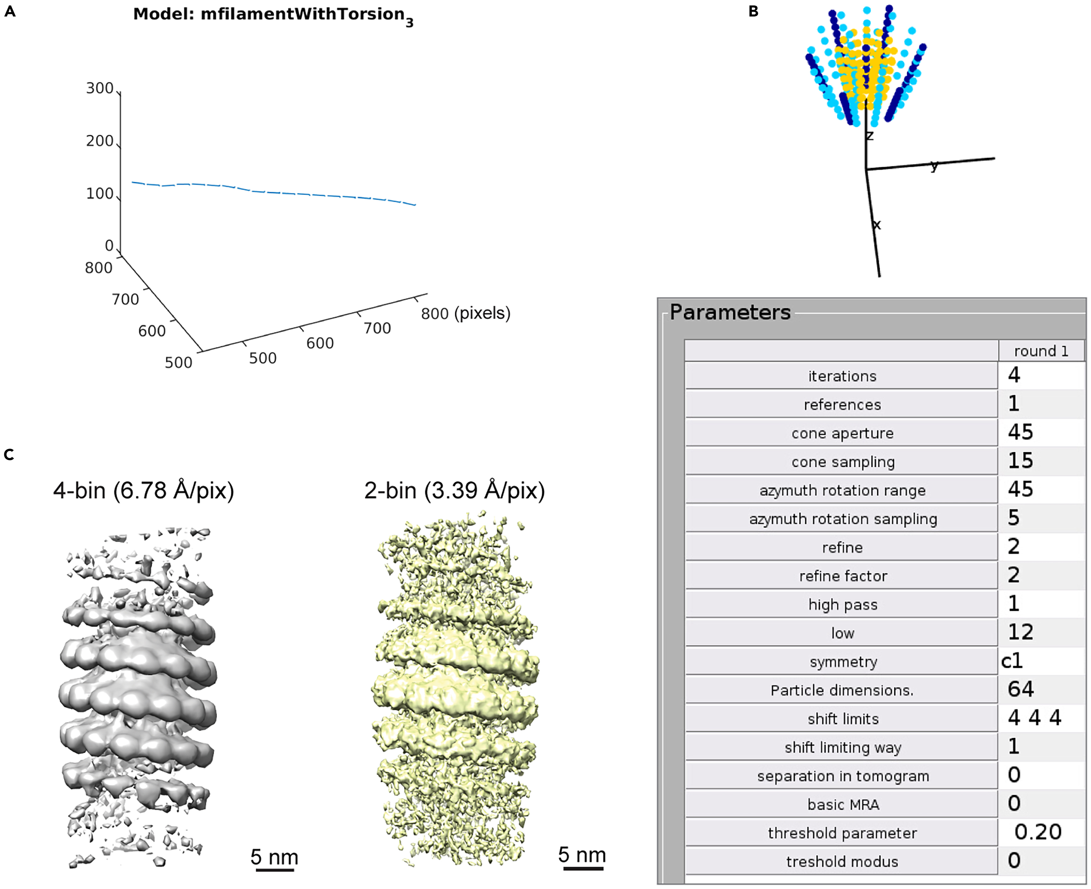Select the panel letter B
point(753,11)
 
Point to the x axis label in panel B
point(877,224)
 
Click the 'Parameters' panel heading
point(730,312)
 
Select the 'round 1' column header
point(1041,351)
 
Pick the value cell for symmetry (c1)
point(1012,661)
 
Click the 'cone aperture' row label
point(842,433)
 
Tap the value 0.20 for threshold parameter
point(1038,832)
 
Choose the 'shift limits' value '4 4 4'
point(1034,718)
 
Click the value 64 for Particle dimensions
point(1020,689)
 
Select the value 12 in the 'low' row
point(1020,632)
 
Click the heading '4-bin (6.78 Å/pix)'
point(143,490)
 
